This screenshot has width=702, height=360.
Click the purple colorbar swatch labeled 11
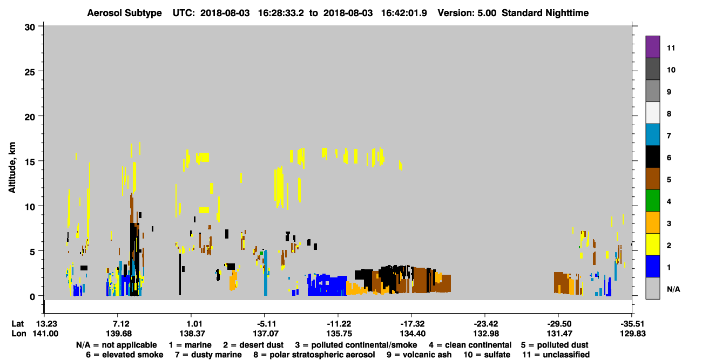[x=652, y=46]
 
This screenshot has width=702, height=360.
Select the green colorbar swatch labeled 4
[x=652, y=201]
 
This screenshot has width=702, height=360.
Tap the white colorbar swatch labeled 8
[x=652, y=112]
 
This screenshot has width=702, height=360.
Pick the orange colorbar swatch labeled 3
[x=652, y=222]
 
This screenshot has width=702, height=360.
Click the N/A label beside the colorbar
[x=673, y=289]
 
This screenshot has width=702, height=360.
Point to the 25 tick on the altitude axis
[x=30, y=72]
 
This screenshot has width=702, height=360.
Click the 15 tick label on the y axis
[x=30, y=162]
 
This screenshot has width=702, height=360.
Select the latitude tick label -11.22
[x=339, y=324]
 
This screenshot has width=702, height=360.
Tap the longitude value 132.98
[x=486, y=334]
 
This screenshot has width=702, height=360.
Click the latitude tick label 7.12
[x=121, y=324]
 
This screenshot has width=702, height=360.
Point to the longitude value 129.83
[x=633, y=334]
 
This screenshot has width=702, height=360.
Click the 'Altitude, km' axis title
[x=12, y=167]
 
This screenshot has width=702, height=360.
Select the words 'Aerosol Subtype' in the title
[x=124, y=13]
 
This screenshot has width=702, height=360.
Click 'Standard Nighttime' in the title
[x=545, y=13]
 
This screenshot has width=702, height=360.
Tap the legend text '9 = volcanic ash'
[x=419, y=355]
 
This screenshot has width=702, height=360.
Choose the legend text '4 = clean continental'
[x=470, y=345]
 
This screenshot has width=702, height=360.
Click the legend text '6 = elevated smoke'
[x=125, y=355]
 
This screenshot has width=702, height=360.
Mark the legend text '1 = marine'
[x=190, y=345]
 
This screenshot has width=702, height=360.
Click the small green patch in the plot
[x=261, y=253]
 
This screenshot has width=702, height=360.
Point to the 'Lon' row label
[x=19, y=334]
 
